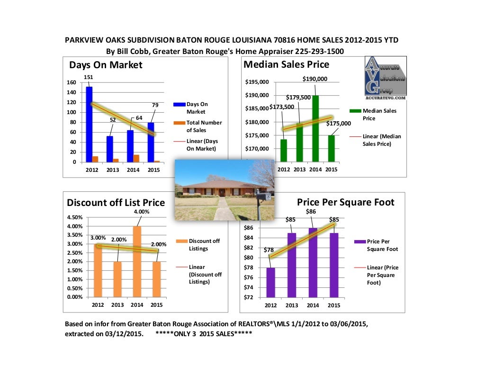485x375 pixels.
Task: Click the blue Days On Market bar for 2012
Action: pos(89,124)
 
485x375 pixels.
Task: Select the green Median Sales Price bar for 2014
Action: pos(315,129)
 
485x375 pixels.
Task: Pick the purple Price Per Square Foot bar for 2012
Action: pos(270,282)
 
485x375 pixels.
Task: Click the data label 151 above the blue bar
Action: pos(88,77)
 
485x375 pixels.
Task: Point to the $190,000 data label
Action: pos(315,79)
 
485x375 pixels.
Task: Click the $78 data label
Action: pos(269,250)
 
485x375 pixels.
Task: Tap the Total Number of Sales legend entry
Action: pos(204,126)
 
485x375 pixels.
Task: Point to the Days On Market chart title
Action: pos(106,65)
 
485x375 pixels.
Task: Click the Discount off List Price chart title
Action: pos(116,203)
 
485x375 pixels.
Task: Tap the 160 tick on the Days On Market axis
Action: pos(71,82)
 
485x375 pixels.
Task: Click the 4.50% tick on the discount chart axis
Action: pos(75,217)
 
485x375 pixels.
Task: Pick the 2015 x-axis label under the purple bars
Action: pos(334,305)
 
